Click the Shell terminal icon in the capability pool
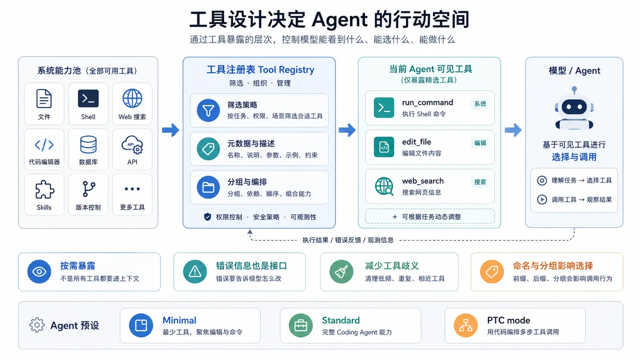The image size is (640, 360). coord(88,99)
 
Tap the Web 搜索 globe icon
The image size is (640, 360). coord(132,98)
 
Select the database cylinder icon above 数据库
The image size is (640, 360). coord(88,144)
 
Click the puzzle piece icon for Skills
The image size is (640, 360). coord(44,189)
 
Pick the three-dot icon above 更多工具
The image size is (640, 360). coord(132,189)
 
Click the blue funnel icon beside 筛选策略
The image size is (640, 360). coord(208,110)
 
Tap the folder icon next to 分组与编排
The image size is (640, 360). coord(208,187)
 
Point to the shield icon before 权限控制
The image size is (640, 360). coord(208,217)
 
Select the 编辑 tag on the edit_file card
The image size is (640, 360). coord(480,143)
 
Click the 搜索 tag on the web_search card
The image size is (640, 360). coord(480,182)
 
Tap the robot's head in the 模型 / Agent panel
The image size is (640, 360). coord(574,106)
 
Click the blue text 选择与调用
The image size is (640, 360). coord(574,157)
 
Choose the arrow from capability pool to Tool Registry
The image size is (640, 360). coord(171,130)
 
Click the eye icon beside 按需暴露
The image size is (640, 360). coord(39,271)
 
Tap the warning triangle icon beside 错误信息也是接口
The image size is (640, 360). coord(195,271)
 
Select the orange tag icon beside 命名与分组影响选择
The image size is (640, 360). coord(492,271)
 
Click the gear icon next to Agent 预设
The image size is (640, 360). coord(37,325)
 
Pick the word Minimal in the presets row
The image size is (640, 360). coord(179,320)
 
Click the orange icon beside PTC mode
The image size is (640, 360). coord(466,325)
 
